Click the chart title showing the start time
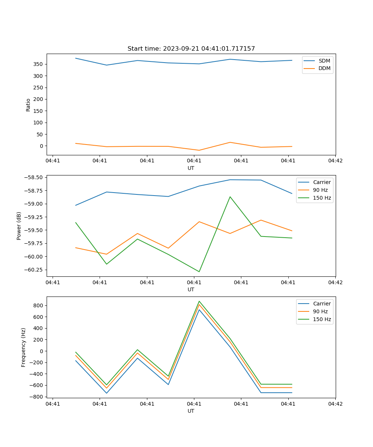point(191,49)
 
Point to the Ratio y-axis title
point(28,105)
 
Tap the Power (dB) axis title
point(19,226)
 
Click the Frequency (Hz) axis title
point(23,347)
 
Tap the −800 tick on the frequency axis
point(37,397)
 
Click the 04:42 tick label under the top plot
point(335,161)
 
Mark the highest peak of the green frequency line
point(199,301)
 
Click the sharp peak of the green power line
point(230,197)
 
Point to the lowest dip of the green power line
point(199,272)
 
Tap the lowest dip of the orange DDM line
point(199,150)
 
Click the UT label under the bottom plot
point(191,411)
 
